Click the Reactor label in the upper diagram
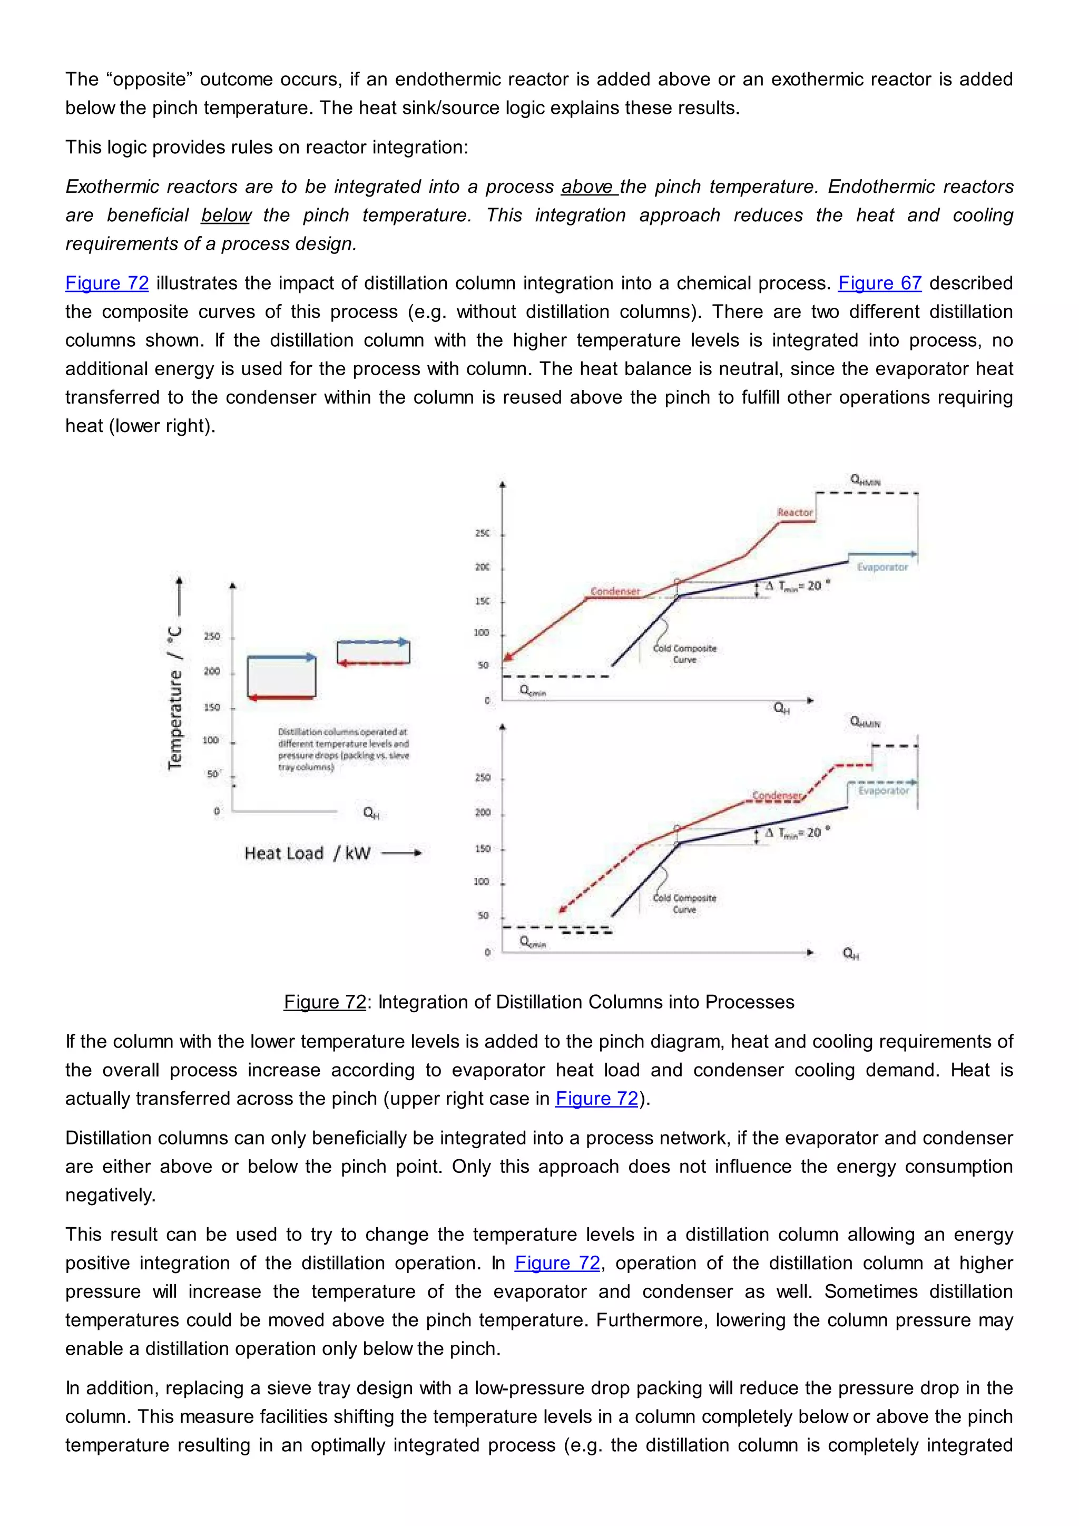coord(794,512)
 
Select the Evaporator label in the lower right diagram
coord(883,790)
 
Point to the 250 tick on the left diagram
coord(212,637)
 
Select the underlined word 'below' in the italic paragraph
coord(226,216)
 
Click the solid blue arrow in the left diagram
coord(282,657)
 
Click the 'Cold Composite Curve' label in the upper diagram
coord(684,653)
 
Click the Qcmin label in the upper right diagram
coord(532,691)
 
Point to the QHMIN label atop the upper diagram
coord(865,480)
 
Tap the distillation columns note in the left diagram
coord(343,749)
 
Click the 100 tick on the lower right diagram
coord(481,882)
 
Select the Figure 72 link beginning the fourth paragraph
coord(107,283)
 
